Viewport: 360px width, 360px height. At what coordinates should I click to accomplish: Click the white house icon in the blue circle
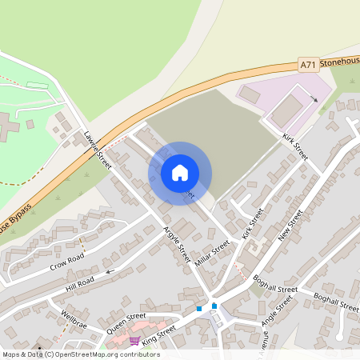[180, 173]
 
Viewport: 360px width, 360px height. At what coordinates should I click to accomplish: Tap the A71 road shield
[309, 63]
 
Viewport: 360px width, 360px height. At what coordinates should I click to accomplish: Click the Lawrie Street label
[98, 149]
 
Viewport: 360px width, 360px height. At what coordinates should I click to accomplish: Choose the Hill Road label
[80, 281]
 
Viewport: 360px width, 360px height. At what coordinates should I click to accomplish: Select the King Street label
[158, 333]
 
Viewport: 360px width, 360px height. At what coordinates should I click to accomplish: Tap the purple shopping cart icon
[134, 341]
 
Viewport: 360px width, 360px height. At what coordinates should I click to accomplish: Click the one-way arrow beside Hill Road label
[110, 272]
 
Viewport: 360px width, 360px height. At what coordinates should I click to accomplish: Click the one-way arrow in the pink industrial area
[314, 99]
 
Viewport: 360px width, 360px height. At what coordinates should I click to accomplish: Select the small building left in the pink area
[250, 94]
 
